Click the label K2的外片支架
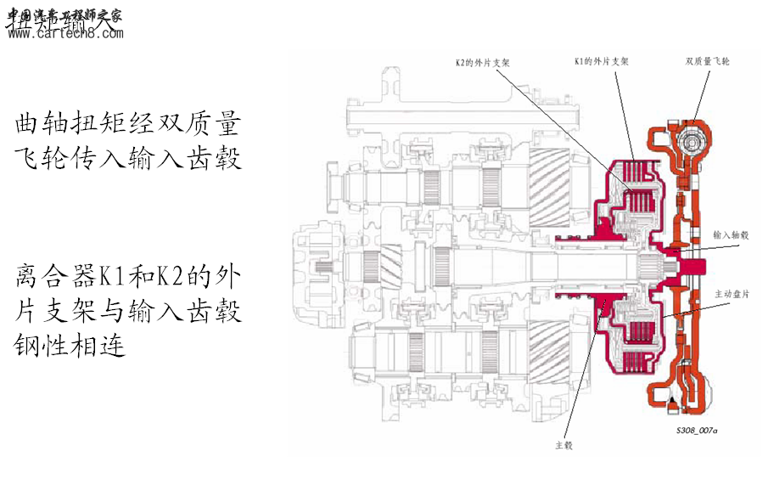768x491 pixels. [x=485, y=62]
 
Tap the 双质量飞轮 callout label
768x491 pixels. [x=708, y=62]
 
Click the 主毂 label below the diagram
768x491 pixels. [x=564, y=444]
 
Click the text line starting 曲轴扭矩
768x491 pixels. [x=127, y=125]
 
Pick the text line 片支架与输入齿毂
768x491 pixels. [x=127, y=311]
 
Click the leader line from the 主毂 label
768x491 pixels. [x=585, y=374]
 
